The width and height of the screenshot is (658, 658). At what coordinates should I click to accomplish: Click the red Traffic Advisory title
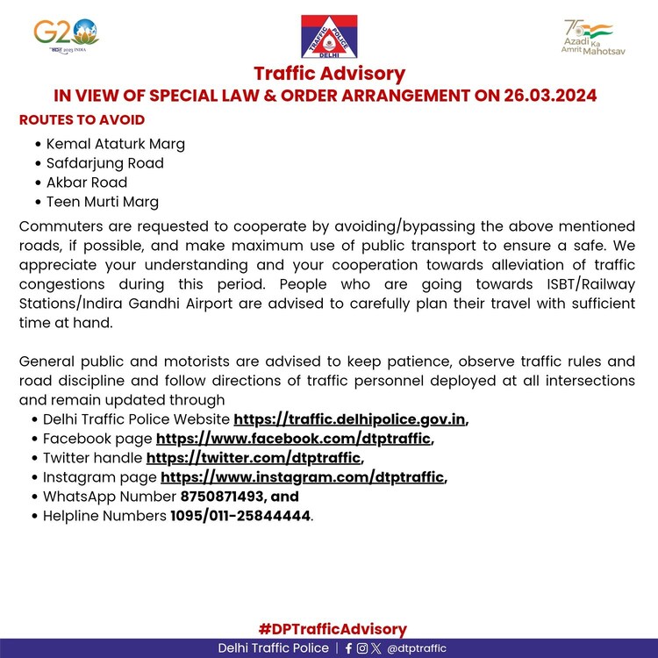pos(329,74)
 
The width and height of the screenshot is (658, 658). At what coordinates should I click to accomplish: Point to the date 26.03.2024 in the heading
pos(538,96)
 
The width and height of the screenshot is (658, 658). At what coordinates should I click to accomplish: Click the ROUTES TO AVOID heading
pos(82,120)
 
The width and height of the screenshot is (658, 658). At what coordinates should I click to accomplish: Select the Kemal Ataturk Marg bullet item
pos(115,144)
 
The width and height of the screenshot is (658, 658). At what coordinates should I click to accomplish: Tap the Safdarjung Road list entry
pos(104,163)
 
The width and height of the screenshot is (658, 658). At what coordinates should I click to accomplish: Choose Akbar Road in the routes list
pos(86,182)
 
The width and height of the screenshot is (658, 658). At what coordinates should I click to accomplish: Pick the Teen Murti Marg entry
pos(102,202)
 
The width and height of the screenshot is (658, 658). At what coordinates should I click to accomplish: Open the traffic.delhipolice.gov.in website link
pos(349,419)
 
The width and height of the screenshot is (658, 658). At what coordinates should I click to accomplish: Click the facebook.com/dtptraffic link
pos(293,439)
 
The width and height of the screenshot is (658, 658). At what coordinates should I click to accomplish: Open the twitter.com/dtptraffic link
pos(253,458)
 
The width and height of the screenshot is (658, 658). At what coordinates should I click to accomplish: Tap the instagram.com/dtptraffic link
pos(303,477)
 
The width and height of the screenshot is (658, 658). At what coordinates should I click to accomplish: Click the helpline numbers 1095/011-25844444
pos(240,516)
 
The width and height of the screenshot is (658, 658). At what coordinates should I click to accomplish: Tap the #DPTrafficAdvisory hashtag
pos(333,629)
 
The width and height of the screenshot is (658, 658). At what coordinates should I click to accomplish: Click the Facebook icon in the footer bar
pos(348,648)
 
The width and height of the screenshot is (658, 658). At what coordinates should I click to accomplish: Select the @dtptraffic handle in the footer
pos(416,648)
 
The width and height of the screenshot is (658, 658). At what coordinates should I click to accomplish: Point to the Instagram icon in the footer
pos(362,648)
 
